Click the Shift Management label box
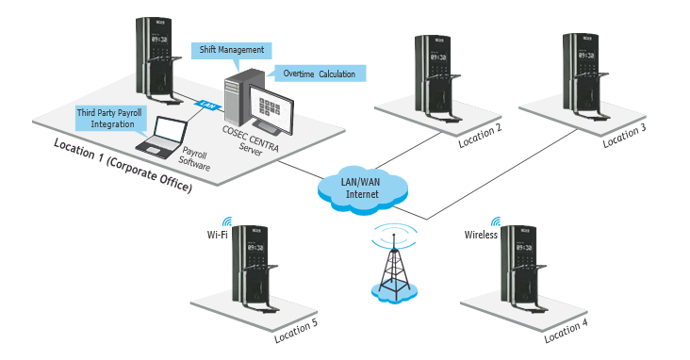pyautogui.click(x=231, y=50)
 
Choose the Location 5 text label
pyautogui.click(x=295, y=334)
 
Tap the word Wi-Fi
pyautogui.click(x=217, y=235)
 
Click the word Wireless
pyautogui.click(x=482, y=235)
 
